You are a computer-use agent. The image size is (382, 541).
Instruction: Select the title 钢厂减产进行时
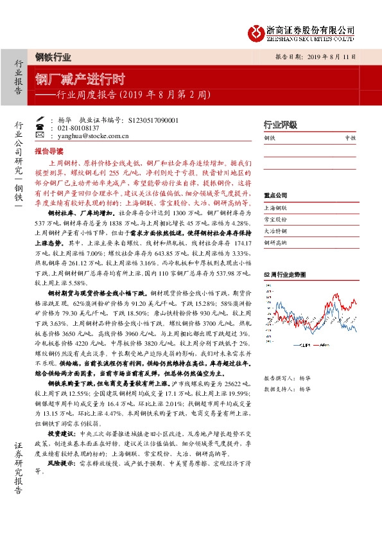tap(80, 80)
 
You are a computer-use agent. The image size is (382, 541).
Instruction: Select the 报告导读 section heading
tap(49, 152)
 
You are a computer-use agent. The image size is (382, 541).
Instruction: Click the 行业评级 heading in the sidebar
tap(281, 125)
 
